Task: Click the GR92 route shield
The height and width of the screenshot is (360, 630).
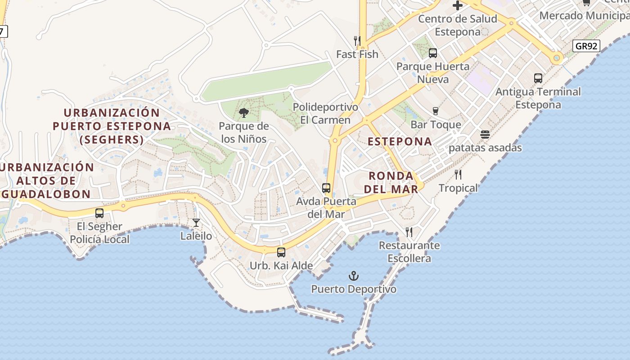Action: pos(587,45)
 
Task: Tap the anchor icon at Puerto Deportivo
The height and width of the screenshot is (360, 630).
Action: pos(354,275)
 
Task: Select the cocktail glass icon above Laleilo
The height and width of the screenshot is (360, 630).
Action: pos(196,222)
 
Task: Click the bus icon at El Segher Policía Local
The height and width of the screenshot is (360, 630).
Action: pos(99,213)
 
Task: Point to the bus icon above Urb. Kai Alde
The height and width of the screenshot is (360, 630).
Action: pos(281,252)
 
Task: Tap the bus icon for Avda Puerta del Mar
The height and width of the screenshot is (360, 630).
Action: pos(326,188)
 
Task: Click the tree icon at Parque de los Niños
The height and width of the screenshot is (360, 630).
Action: pos(244,113)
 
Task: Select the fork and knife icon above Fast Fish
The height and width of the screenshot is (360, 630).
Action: pos(357,41)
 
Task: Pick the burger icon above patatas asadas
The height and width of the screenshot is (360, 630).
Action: pos(485,135)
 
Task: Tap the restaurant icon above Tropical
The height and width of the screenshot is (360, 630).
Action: pos(458,175)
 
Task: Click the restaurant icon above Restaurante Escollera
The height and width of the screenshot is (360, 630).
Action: pos(409,232)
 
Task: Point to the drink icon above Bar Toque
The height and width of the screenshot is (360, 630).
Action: pos(435,111)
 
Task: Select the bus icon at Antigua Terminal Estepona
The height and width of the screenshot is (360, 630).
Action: pos(538,78)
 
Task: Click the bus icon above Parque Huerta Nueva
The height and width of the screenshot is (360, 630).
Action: pos(433,53)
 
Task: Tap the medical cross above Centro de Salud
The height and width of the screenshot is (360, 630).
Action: pos(458,5)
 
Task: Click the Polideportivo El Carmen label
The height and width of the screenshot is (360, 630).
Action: pos(325,113)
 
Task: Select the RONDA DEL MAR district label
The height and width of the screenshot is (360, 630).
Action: pos(391,182)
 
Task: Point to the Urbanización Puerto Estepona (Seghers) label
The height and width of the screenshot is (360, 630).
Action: pos(112,126)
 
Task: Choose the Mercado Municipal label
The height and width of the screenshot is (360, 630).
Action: pos(584,15)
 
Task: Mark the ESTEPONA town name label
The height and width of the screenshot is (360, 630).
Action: pos(400,141)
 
